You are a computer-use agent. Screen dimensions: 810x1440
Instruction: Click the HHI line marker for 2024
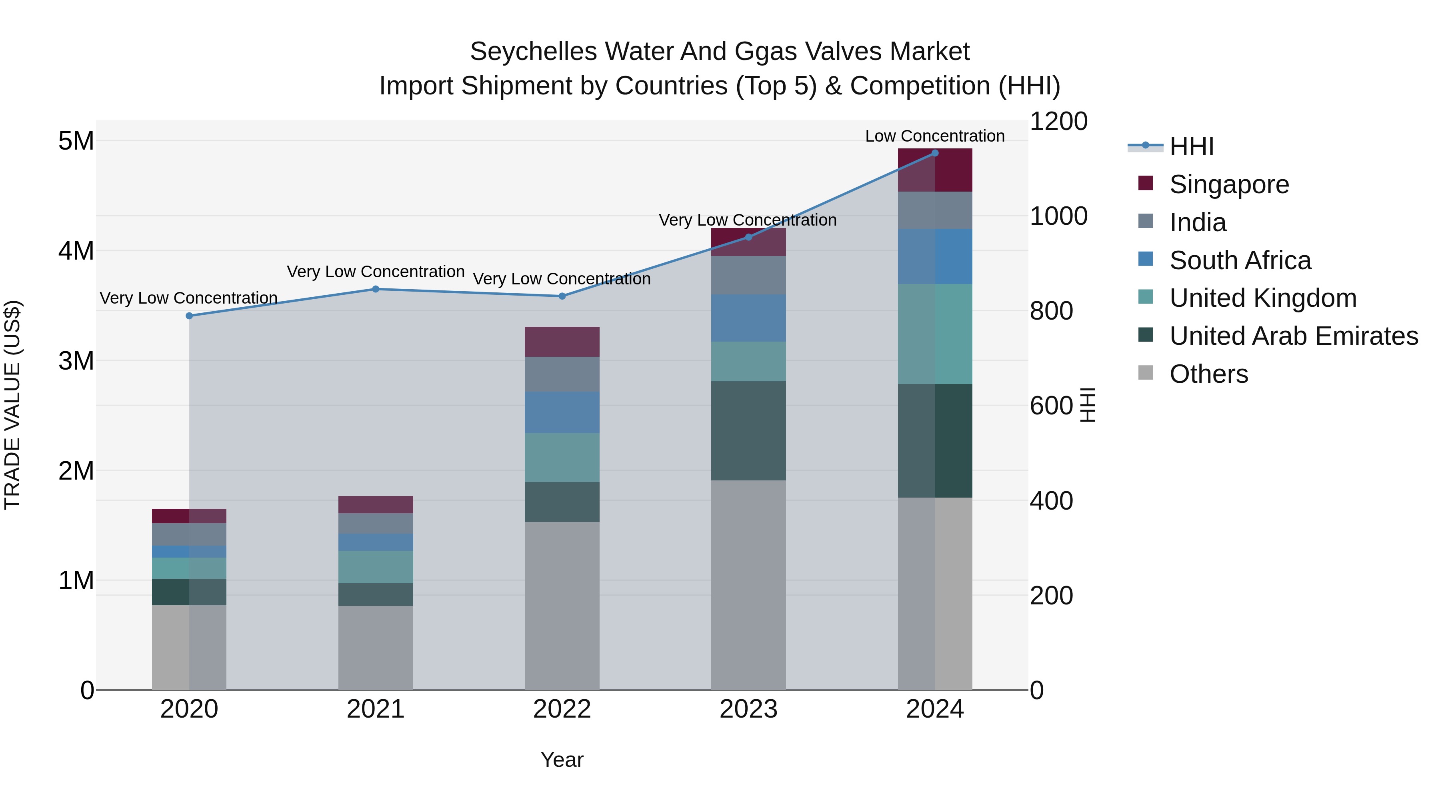pos(935,153)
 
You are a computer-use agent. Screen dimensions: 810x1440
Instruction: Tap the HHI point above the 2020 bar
pos(189,316)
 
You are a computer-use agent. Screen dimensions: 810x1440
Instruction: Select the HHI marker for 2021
pos(376,289)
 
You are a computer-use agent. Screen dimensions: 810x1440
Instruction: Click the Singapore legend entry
pos(1229,184)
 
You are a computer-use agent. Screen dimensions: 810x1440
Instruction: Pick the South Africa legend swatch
pos(1146,259)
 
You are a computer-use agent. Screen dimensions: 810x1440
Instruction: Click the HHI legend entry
pos(1191,146)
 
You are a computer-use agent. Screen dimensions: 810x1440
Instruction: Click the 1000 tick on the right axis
pos(1058,216)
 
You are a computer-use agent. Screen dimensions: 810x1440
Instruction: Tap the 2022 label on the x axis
pos(562,709)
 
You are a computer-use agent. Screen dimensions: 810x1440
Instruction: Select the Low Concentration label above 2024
pos(935,136)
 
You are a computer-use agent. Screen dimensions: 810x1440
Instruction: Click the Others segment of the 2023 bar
pos(748,584)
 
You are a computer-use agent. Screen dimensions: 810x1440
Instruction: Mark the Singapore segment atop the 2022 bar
pos(562,342)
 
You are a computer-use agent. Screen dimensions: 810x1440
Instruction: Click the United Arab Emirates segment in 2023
pos(748,430)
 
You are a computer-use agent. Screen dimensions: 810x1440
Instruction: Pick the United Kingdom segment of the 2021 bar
pos(376,567)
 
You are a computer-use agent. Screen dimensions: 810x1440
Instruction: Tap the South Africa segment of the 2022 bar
pos(562,412)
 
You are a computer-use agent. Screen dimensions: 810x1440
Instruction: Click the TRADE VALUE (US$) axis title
pos(12,405)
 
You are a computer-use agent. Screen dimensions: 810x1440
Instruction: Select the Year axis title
pos(562,760)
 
